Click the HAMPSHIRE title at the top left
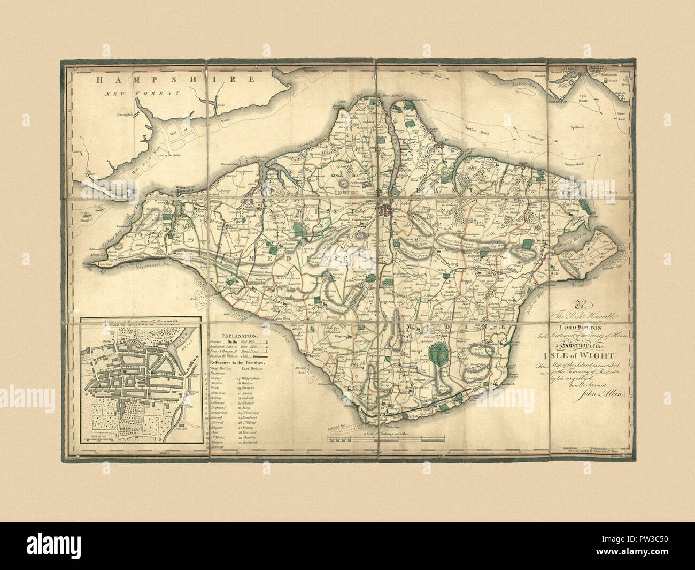tap(174, 80)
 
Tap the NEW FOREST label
tap(142, 94)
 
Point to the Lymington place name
tap(126, 114)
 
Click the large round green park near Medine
tap(438, 354)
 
